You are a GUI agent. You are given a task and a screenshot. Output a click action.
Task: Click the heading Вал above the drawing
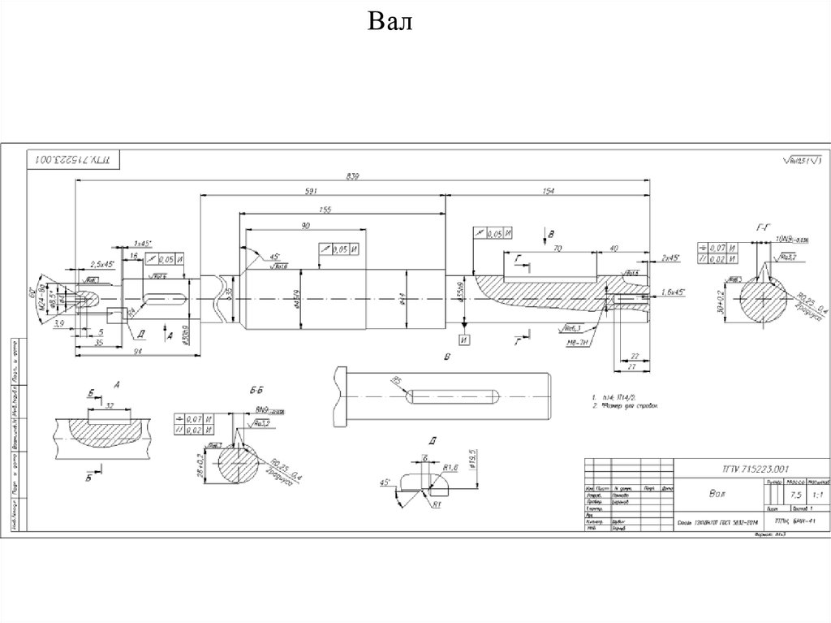[x=391, y=20]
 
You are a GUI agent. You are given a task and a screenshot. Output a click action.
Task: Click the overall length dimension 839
[x=353, y=175]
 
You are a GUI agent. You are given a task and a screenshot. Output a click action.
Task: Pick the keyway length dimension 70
[x=558, y=250]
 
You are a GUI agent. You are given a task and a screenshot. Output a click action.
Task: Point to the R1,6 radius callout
[x=452, y=467]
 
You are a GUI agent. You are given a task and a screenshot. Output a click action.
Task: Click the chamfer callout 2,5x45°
[x=102, y=264]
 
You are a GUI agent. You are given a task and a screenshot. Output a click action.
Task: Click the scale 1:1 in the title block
[x=799, y=495]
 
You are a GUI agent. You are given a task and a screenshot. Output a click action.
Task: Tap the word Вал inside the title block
[x=713, y=493]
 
